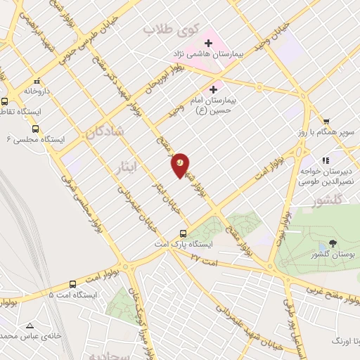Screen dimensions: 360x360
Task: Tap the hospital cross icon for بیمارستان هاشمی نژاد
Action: coord(208,43)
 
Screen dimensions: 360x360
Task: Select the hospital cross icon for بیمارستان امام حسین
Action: coord(214,89)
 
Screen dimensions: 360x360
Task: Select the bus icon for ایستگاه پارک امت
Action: coord(184,233)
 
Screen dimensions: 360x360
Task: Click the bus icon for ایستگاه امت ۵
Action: coord(73,284)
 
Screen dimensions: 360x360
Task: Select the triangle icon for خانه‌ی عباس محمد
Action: coord(29,326)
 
